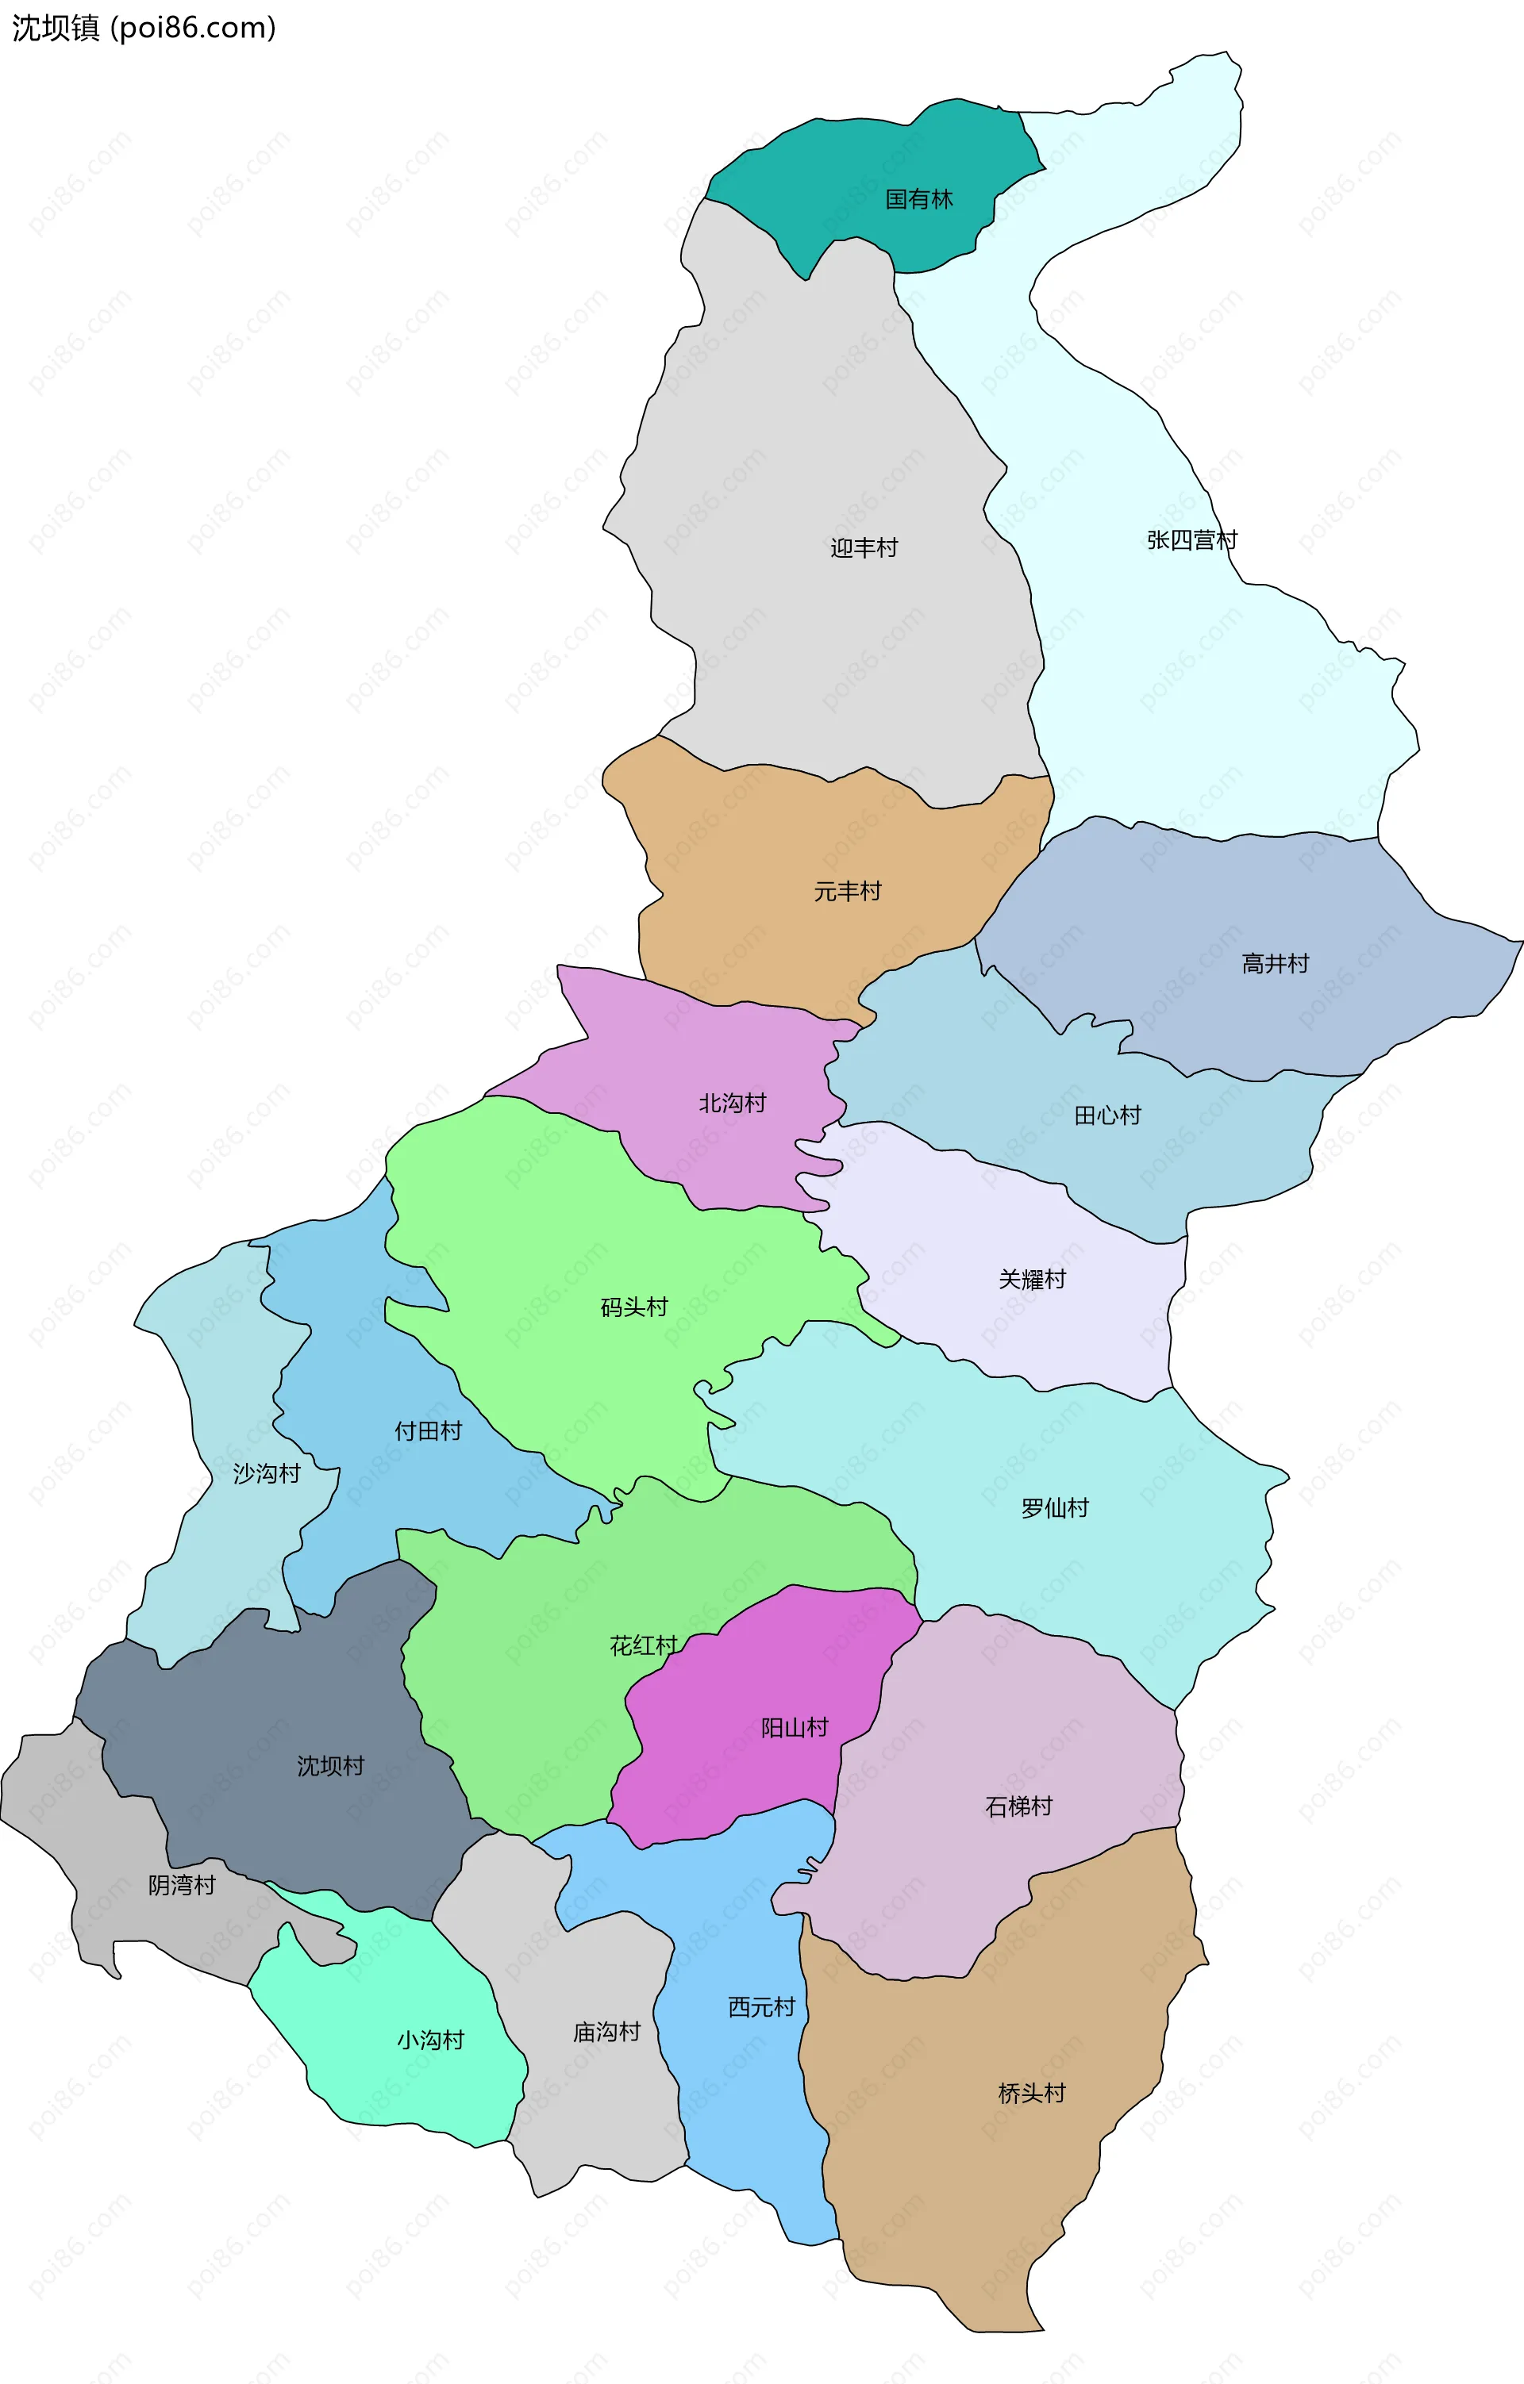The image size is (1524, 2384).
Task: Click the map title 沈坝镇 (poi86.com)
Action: click(x=144, y=28)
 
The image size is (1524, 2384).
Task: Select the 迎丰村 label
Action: click(x=864, y=548)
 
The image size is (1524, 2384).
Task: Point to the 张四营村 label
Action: click(x=1191, y=540)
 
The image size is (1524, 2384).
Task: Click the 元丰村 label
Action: click(x=847, y=892)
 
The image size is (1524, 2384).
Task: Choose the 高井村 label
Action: click(x=1275, y=964)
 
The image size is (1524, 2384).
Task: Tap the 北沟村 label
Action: click(x=732, y=1104)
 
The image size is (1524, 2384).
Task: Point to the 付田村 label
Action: click(x=428, y=1431)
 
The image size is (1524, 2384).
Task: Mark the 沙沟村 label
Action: click(x=267, y=1474)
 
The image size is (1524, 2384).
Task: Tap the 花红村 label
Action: click(x=643, y=1646)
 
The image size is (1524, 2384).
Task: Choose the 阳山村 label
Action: click(x=795, y=1729)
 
